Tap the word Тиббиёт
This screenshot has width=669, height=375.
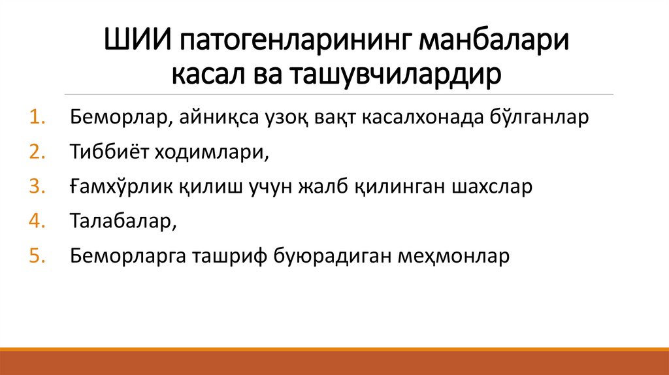pyautogui.click(x=110, y=152)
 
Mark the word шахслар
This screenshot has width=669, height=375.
pyautogui.click(x=492, y=186)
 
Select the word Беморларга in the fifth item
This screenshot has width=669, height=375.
pyautogui.click(x=127, y=255)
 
